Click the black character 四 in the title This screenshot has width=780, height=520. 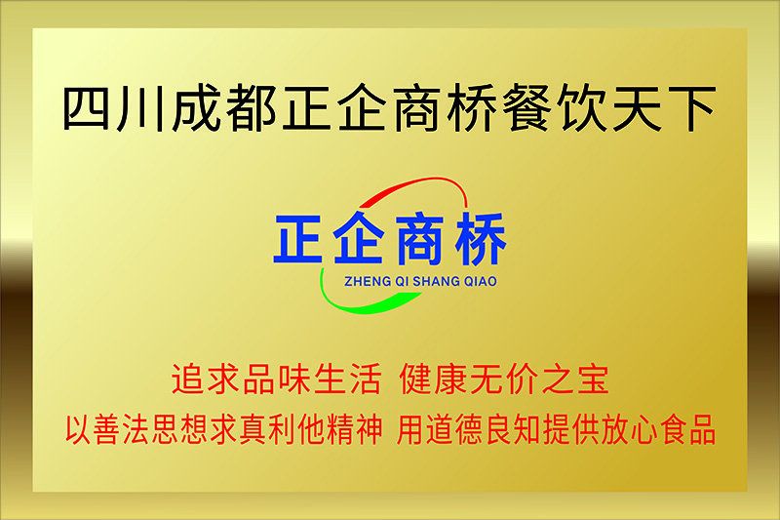click(x=86, y=108)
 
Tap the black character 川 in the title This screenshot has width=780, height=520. click(x=140, y=108)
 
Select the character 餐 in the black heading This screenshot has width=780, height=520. click(x=526, y=107)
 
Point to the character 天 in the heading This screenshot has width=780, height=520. click(x=638, y=108)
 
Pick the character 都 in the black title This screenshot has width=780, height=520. click(x=252, y=107)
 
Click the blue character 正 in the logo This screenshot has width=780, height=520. click(x=298, y=238)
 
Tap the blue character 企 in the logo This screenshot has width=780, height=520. click(x=358, y=237)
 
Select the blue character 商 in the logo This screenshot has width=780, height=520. click(x=419, y=238)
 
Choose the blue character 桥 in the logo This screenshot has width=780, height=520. click(x=481, y=238)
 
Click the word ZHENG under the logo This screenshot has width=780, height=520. click(x=368, y=282)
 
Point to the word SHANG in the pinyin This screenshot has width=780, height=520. click(x=436, y=282)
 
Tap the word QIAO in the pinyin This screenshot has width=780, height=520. click(x=481, y=282)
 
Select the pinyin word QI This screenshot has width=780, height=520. click(x=402, y=282)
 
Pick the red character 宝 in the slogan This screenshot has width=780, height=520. click(x=593, y=380)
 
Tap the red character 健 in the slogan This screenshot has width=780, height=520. click(x=416, y=380)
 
